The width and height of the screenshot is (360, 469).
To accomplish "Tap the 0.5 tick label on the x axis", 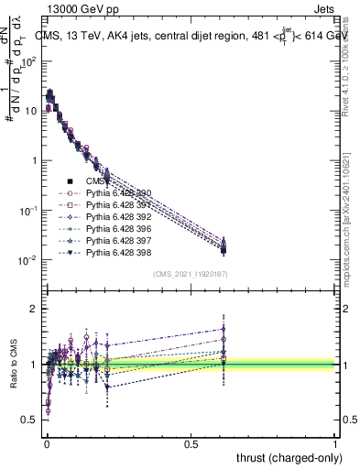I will point(191,443).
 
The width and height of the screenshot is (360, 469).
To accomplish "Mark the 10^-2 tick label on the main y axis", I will point(27,260).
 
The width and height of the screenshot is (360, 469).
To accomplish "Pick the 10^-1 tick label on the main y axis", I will point(27,211).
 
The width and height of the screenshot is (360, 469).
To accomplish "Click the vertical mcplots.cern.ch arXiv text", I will point(350,220).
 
